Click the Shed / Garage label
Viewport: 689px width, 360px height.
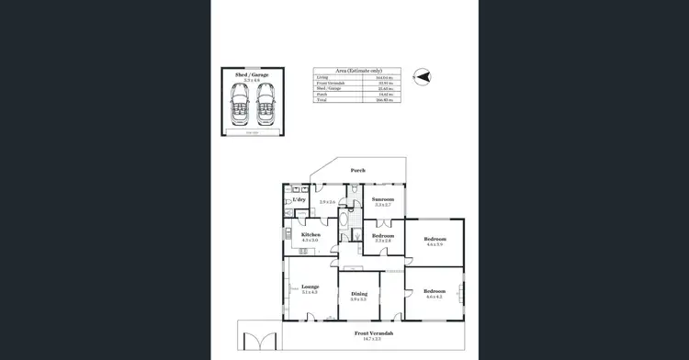click(x=252, y=73)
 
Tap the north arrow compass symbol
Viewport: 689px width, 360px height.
click(x=423, y=77)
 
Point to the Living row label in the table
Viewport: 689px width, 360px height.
click(x=321, y=77)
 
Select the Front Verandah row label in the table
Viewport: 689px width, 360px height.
click(x=326, y=82)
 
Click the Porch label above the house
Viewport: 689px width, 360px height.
click(x=359, y=170)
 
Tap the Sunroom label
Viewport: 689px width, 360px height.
click(x=383, y=199)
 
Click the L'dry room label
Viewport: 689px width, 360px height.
click(x=299, y=199)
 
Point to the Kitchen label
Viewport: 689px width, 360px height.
click(x=311, y=234)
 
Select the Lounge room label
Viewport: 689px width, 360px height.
click(x=310, y=287)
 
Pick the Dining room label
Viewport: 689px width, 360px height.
click(x=358, y=294)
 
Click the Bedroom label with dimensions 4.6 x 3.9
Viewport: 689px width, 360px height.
click(x=435, y=239)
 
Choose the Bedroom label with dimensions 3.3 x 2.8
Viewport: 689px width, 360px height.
click(x=383, y=235)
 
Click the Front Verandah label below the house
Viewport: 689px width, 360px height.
click(x=373, y=332)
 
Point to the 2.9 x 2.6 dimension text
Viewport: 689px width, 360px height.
click(x=328, y=202)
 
